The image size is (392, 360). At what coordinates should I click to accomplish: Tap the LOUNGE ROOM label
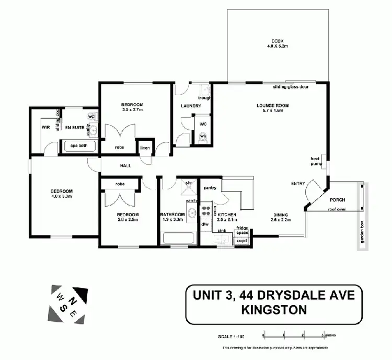tap(272, 105)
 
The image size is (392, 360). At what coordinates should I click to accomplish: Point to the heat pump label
tap(315, 160)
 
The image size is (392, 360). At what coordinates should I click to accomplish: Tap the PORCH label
tap(338, 200)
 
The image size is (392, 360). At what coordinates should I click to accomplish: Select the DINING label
tap(280, 215)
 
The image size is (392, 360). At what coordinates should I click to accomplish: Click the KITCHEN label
tap(227, 215)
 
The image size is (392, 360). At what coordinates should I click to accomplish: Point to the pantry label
tap(210, 187)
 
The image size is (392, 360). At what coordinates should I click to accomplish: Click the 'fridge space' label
tap(241, 230)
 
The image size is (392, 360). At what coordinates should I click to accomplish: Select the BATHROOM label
tap(172, 215)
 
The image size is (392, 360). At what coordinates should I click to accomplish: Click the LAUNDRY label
tap(191, 106)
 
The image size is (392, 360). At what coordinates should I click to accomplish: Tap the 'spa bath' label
tap(79, 146)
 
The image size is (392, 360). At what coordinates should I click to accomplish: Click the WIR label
tap(45, 126)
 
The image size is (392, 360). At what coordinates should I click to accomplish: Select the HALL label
tap(125, 165)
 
